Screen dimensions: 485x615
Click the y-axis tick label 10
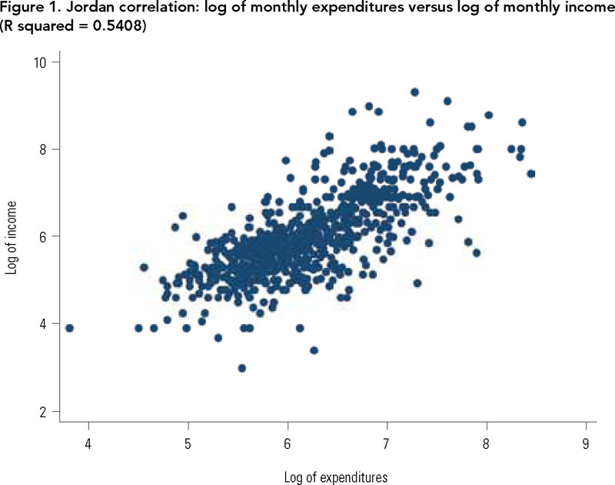[41, 62]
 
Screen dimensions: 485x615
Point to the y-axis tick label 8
[44, 149]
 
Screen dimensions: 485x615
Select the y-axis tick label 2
[44, 411]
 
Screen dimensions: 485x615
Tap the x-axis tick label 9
[586, 444]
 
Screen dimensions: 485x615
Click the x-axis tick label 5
[188, 444]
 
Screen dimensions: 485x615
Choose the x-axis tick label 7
[387, 444]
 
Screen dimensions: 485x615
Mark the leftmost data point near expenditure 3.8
[69, 328]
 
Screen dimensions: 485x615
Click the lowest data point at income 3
[242, 368]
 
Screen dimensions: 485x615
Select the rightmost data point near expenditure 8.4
[530, 174]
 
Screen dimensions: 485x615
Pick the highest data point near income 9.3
[414, 92]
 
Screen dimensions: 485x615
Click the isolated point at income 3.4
[314, 350]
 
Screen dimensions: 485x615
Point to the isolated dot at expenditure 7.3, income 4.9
[417, 283]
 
